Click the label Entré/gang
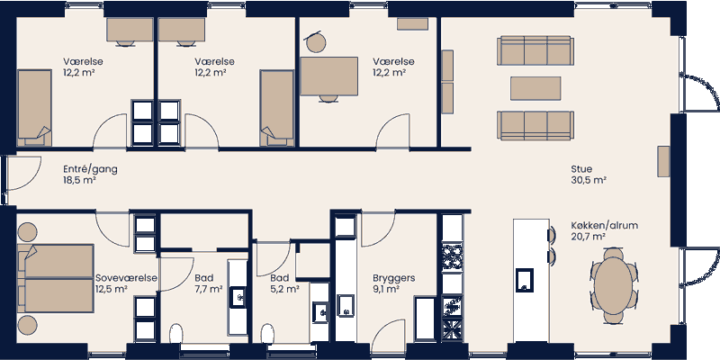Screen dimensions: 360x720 pyautogui.click(x=90, y=168)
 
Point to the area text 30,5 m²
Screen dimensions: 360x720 pyautogui.click(x=589, y=180)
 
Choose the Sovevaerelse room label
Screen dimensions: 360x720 pyautogui.click(x=126, y=278)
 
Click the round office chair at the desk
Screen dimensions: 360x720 pyautogui.click(x=316, y=42)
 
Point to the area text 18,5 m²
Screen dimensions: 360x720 pyautogui.click(x=79, y=180)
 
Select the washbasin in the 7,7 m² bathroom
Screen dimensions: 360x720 pyautogui.click(x=239, y=295)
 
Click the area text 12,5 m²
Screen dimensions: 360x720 pyautogui.click(x=110, y=290)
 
